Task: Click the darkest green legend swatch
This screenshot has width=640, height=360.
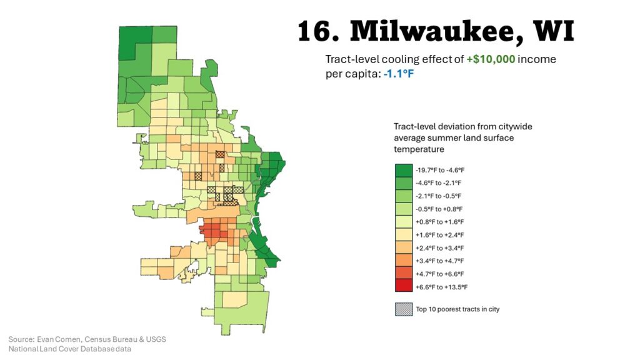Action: pos(403,169)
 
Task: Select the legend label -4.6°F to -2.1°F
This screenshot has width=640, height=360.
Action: pos(438,182)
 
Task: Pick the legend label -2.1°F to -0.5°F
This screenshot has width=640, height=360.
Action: pos(438,196)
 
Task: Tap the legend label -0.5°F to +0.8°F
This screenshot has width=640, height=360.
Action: pos(438,209)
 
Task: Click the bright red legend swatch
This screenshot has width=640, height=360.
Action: pos(403,287)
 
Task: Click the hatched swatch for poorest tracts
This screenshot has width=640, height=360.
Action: pos(403,309)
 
